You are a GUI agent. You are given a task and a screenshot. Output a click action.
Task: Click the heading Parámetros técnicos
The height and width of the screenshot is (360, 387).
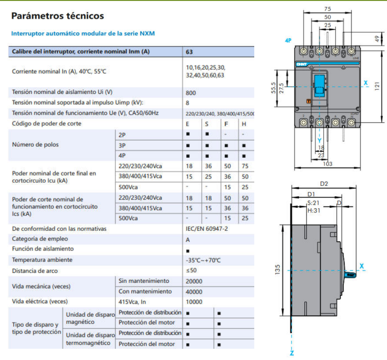click(57, 16)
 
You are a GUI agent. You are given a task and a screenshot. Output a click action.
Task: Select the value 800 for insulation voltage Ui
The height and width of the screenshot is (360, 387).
click(191, 93)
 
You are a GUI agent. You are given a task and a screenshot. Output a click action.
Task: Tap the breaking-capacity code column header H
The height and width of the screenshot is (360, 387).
click(244, 124)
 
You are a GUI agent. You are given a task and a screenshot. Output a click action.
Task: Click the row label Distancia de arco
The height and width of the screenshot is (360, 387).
click(35, 271)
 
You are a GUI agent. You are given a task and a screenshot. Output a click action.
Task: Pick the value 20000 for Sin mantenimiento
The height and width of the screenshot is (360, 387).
click(194, 281)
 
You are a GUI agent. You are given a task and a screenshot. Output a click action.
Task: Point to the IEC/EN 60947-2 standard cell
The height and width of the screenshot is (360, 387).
click(207, 229)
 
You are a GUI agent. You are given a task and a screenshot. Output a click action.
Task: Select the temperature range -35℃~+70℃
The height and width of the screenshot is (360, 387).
click(203, 260)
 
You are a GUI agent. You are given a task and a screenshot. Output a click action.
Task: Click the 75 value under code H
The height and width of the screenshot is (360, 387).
click(245, 166)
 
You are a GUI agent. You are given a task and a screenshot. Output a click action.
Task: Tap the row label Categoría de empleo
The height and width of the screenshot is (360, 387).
click(40, 239)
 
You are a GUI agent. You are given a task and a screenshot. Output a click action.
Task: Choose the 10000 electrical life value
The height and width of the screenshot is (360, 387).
click(194, 302)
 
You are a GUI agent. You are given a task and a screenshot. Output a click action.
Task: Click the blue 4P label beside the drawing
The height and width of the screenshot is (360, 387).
click(288, 41)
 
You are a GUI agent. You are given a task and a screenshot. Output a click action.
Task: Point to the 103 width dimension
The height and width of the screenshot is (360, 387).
click(327, 164)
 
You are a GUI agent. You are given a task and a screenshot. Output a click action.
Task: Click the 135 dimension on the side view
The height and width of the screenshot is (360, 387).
click(277, 269)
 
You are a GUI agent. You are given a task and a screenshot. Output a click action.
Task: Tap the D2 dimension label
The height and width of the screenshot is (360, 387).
click(324, 184)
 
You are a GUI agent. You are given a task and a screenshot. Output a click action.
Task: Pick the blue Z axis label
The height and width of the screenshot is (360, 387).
click(292, 353)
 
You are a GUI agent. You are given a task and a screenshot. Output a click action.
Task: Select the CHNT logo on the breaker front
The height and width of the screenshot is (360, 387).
click(301, 64)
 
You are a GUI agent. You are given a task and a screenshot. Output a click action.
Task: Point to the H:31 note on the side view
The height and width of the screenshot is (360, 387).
click(314, 210)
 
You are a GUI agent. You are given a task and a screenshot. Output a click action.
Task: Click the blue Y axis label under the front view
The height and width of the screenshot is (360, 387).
click(319, 140)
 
